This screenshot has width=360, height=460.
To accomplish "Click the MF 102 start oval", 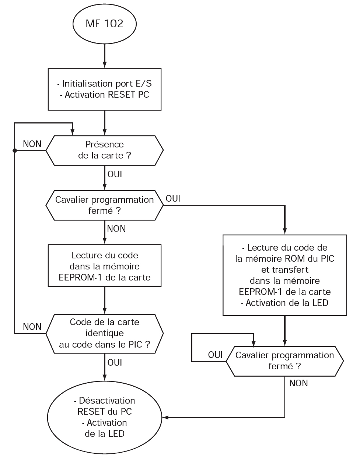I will pos(105,24).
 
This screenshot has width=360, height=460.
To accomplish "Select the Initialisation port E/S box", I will pos(105,89).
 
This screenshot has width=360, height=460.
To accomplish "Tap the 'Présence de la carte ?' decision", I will pos(105,150).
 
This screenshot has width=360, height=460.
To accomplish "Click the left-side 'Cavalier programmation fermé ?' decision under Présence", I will pos(105,205).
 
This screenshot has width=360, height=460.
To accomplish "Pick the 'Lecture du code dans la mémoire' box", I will pos(105,266).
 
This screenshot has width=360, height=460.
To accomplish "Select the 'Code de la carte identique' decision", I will pos(105,333).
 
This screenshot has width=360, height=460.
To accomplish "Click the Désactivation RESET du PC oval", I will pos(105,417).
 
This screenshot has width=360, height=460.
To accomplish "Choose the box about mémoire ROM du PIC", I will pos(284,275).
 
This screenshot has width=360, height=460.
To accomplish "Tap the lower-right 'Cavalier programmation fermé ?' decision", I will pos(284,361).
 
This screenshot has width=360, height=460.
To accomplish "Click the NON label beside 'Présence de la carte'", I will pos(32,144).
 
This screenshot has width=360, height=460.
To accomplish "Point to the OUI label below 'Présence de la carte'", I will pos(115,174).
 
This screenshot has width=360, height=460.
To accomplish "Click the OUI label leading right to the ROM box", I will pos(173,199).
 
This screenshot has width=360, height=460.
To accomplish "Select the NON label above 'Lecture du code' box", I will pos(116,229).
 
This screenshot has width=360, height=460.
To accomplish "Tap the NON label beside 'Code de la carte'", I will pos(32,327).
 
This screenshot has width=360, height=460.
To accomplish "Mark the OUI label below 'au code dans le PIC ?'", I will pos(115,363).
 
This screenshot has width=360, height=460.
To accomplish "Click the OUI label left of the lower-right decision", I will pos(215,355).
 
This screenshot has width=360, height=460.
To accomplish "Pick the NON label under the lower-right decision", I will pos(298,383).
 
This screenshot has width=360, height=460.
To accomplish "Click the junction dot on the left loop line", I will pos(14,150).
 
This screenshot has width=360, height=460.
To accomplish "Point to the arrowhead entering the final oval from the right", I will pos(165,417).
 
